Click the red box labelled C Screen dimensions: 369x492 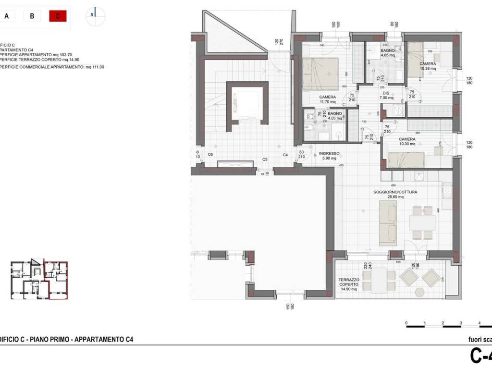(58, 16)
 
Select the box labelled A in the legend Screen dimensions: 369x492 (7, 16)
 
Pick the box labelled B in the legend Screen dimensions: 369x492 (32, 16)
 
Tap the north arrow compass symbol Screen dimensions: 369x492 (96, 15)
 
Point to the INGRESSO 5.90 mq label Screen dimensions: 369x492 (329, 156)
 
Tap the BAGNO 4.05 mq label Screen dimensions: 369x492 (335, 115)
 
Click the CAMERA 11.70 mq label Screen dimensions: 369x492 (328, 99)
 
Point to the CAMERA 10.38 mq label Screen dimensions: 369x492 (428, 66)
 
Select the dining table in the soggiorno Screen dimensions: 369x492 (422, 222)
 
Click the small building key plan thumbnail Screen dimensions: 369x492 (39, 280)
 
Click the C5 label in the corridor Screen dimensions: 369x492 (265, 159)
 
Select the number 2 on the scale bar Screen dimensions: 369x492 (443, 323)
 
